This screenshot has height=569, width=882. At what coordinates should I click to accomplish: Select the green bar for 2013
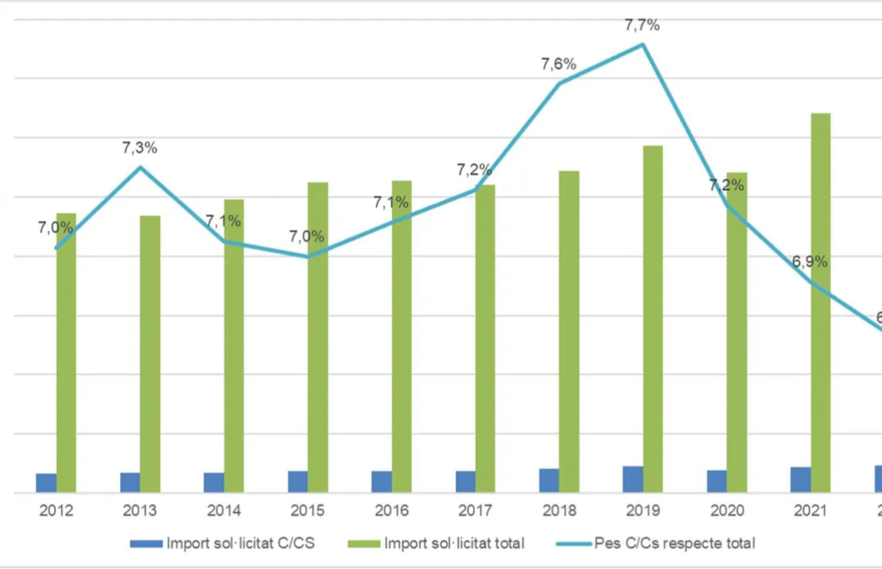click(x=150, y=353)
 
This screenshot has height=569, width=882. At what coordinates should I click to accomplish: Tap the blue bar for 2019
click(x=633, y=479)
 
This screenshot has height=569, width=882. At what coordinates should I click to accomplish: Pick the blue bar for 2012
click(x=47, y=482)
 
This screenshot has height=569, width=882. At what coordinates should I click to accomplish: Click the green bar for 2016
click(x=402, y=337)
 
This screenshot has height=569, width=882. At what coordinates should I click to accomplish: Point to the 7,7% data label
click(x=642, y=26)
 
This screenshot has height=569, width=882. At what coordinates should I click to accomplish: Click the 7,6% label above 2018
click(x=558, y=65)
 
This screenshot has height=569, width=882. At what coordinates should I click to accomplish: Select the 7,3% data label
click(x=140, y=148)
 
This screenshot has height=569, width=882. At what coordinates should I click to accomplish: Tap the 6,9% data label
click(x=810, y=262)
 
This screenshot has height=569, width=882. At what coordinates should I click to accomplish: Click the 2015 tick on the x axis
click(x=307, y=510)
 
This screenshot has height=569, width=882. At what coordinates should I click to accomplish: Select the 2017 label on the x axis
click(x=475, y=510)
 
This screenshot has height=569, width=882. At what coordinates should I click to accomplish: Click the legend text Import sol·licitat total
click(x=454, y=543)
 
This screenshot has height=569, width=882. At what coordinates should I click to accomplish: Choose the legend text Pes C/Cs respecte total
click(x=674, y=543)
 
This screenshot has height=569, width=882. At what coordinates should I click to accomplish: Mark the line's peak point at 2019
click(x=642, y=44)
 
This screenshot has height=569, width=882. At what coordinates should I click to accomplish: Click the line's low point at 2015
click(x=308, y=256)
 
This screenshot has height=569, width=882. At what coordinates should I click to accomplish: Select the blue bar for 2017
click(x=465, y=482)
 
